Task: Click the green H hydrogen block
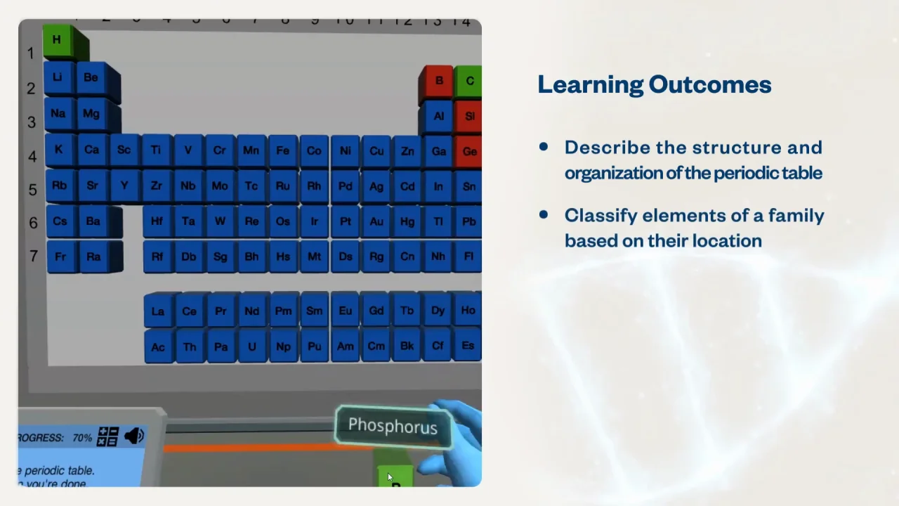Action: coord(57,40)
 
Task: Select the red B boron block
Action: coord(438,81)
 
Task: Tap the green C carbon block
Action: coord(469,81)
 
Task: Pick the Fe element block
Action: coord(282,150)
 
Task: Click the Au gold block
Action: coord(376,221)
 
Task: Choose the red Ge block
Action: coord(469,151)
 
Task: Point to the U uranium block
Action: coord(251,346)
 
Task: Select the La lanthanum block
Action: coord(158,311)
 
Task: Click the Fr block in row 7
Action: coord(60,257)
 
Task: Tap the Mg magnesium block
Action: coord(91,114)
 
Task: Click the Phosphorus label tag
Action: coord(393,426)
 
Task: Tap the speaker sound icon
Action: coord(133,436)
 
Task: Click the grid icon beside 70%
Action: coord(107,436)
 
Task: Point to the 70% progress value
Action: coord(81,438)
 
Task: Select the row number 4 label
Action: coord(32,156)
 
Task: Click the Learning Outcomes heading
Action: coord(654,84)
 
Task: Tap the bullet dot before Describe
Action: coord(543,147)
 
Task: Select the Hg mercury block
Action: coord(407,221)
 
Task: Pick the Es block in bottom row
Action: coord(468,346)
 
